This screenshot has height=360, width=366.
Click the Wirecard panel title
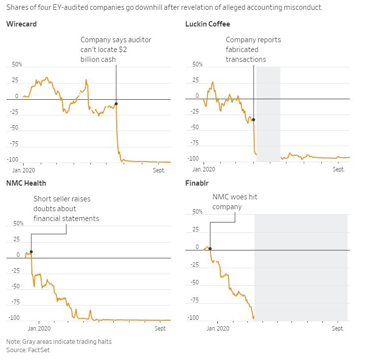click(21, 24)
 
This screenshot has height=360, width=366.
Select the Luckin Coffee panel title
click(207, 24)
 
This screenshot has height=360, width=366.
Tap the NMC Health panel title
click(26, 183)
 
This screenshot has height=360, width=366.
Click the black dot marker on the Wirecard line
click(116, 104)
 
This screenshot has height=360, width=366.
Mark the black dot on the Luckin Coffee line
click(253, 119)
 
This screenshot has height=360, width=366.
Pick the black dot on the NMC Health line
click(31, 252)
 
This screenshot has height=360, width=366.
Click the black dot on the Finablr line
click(210, 249)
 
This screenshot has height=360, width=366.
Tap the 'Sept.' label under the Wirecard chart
click(159, 170)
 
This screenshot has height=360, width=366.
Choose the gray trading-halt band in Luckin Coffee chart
click(268, 113)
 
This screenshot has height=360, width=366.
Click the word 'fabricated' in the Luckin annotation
click(242, 50)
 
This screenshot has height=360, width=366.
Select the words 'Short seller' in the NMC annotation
click(53, 199)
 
